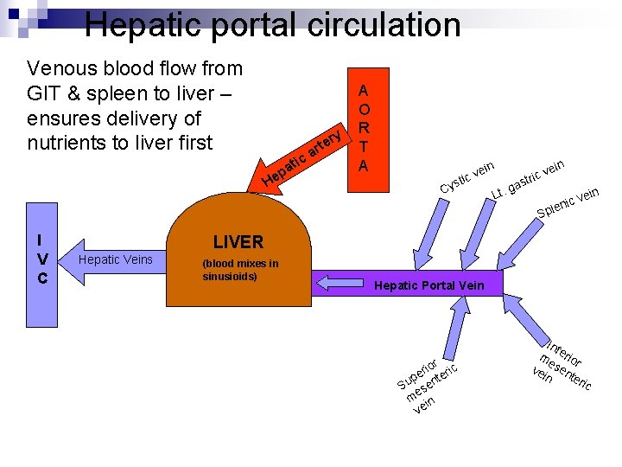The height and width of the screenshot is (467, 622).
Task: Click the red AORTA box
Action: coord(364,122)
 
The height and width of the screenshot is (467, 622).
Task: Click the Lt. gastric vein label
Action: coord(528,178)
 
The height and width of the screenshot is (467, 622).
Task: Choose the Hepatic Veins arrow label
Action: coord(115,259)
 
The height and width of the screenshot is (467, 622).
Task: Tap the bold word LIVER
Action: coord(238,242)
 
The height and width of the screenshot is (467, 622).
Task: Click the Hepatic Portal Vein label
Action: coord(429,285)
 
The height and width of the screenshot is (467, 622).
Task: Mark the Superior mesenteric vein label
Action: coord(427,381)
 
